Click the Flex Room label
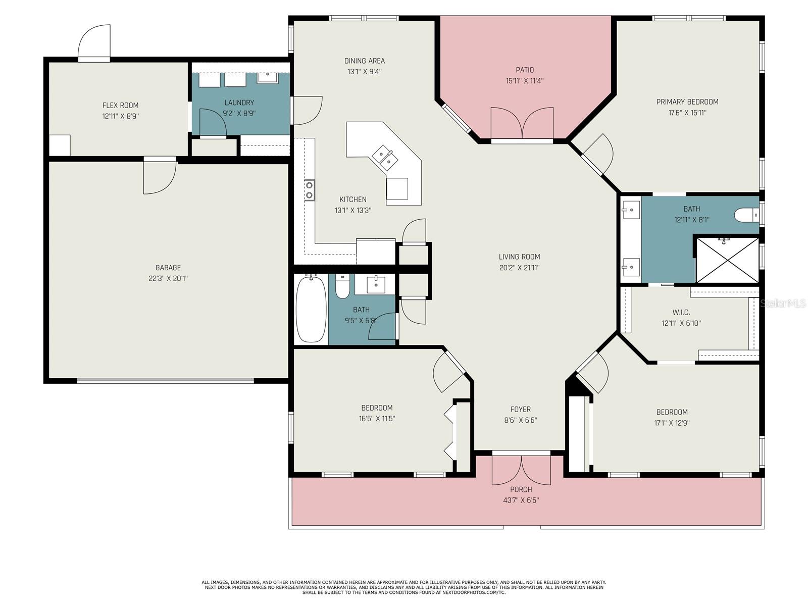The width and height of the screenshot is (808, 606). tap(120, 105)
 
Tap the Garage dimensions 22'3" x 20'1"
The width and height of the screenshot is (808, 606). tap(168, 279)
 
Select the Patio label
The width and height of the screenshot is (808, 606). tap(525, 70)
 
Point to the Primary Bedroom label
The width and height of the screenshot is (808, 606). tap(687, 102)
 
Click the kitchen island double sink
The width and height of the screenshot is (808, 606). tap(384, 158)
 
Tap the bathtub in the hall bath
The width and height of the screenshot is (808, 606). tap(311, 309)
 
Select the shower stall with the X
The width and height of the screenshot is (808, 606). tap(727, 260)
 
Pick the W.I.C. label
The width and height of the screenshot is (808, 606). tap(681, 313)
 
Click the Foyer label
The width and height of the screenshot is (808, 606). tap(521, 409)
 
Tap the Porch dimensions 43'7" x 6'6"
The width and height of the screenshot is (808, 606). tap(521, 500)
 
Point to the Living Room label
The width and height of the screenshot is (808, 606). tap(520, 257)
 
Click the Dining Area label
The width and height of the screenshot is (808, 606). tap(365, 61)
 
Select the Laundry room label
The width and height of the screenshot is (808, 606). tap(239, 103)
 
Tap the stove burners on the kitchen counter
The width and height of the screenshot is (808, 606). tap(309, 190)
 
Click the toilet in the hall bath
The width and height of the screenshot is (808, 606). tap(342, 286)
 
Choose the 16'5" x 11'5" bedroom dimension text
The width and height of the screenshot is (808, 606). tap(377, 419)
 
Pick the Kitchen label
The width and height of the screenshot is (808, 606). tap(352, 199)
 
